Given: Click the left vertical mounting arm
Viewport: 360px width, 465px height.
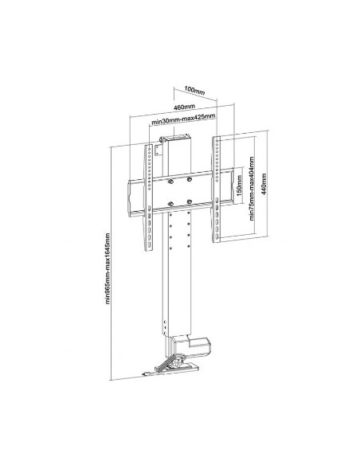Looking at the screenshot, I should coord(149,195).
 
